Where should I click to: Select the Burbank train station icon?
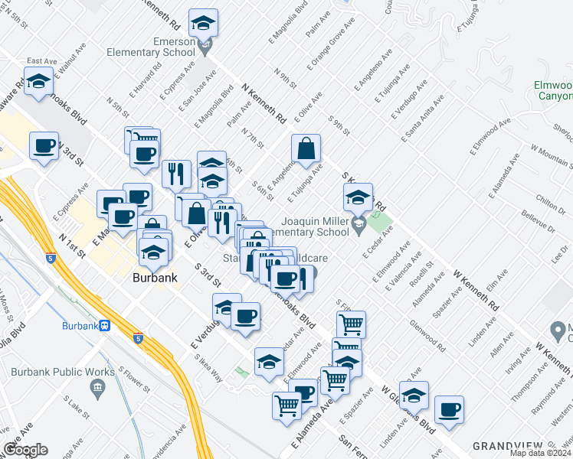click(103, 324)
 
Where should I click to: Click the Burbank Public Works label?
click(54, 372)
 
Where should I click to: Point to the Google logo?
click(25, 450)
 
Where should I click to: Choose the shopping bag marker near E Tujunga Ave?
click(306, 151)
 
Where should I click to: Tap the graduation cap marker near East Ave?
click(38, 84)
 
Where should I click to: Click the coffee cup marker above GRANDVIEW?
click(449, 409)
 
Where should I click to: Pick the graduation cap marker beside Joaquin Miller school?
click(358, 198)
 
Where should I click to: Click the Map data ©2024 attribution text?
click(539, 453)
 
